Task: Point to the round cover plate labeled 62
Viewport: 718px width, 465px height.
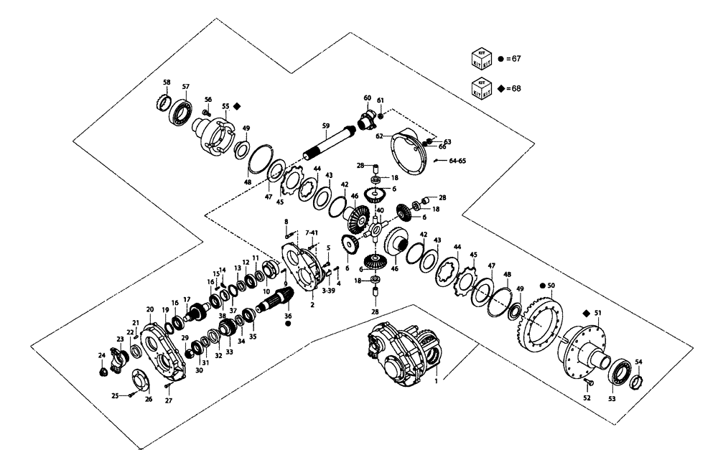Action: (409, 150)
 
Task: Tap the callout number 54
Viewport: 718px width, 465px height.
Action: (638, 362)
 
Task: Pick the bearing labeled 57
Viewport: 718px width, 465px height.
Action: (179, 110)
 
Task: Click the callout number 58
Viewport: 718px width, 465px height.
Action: (166, 83)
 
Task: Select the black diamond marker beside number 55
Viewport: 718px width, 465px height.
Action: (236, 105)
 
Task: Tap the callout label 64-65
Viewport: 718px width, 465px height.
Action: (457, 161)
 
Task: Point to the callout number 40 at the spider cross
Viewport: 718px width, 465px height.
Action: (380, 211)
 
